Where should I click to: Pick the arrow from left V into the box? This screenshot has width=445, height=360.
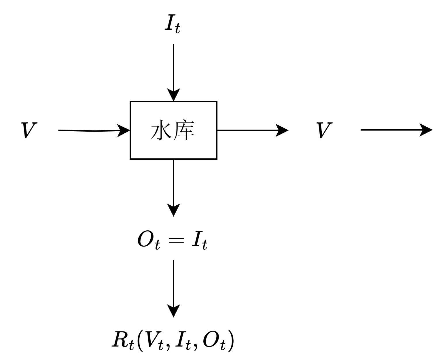[x=92, y=130]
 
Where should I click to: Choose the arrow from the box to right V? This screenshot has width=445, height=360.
[x=251, y=130]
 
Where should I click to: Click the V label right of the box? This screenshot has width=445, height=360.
[x=324, y=130]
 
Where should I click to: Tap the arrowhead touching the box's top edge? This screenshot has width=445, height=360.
[x=173, y=94]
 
